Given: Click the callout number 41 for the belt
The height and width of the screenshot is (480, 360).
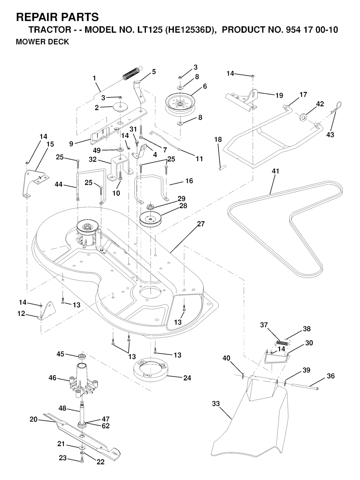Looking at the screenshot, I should click(275, 171).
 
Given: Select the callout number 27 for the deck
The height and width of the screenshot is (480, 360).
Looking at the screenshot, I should click(201, 224).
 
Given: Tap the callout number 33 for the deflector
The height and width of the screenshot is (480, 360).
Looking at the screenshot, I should click(216, 404).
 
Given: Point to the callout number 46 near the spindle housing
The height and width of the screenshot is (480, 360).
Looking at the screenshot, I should click(52, 378).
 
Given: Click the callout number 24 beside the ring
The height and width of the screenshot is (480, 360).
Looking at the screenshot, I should click(187, 378).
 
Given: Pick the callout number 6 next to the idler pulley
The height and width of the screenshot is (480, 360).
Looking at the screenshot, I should click(205, 86).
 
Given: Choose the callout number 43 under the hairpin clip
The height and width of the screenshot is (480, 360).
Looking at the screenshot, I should click(330, 135).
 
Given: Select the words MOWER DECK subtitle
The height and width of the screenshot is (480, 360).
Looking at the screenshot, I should click(43, 42).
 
